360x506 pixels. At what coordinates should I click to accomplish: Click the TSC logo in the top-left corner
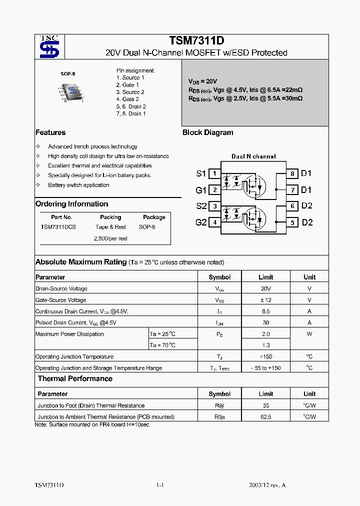pos(49,47)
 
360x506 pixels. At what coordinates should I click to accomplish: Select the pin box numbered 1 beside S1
pos(214,173)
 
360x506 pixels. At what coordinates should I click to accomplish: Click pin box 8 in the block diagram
pos(292,173)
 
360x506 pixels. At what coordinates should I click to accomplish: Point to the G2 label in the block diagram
pos(200,222)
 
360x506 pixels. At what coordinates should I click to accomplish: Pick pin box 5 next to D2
pos(292,222)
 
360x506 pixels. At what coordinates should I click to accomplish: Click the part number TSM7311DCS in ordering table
pos(58,227)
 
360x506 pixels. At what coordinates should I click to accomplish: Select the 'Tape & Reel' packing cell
pos(110,227)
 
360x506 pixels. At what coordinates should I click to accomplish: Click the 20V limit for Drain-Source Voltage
pos(266,289)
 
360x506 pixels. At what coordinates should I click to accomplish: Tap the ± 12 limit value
pos(266,300)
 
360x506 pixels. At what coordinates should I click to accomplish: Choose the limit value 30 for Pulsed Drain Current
pos(266,323)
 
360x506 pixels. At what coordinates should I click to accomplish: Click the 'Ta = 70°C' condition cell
pos(163,345)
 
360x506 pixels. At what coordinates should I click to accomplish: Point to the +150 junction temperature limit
pos(266,357)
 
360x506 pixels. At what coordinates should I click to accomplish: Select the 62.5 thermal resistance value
pos(266,417)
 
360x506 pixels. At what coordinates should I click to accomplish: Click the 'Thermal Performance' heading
pos(75,379)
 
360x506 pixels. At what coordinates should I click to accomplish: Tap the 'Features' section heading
pos(50,132)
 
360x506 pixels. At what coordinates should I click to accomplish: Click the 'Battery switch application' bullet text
pos(78,185)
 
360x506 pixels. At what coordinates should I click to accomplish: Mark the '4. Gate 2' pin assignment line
pos(127,99)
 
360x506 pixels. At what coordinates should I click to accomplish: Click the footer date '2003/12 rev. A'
pos(267,485)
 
